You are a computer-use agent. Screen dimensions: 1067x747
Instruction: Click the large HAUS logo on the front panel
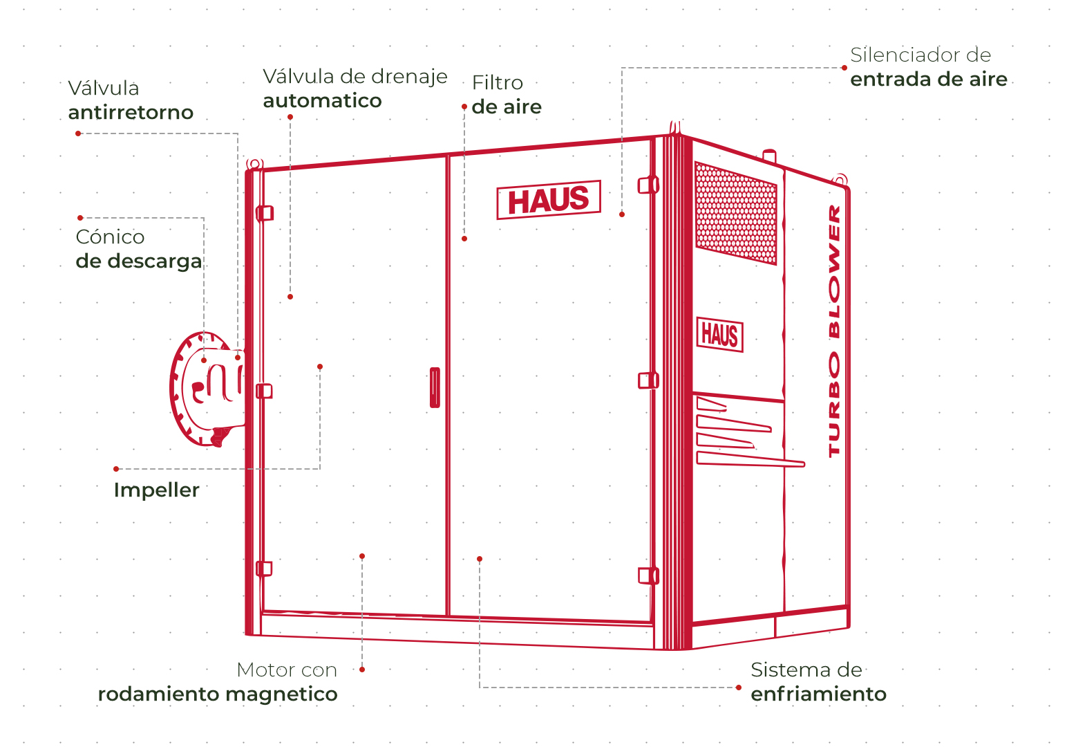549,200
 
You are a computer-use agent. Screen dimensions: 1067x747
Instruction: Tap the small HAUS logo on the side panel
720,335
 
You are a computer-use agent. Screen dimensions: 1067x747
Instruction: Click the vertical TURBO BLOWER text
835,331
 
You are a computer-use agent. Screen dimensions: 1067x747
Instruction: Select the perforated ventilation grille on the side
736,213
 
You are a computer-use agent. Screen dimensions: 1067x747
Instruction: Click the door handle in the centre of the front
435,387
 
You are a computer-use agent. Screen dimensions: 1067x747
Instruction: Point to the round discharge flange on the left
207,389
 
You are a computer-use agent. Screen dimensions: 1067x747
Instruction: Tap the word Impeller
156,490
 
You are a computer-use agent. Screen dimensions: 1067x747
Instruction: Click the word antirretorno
131,113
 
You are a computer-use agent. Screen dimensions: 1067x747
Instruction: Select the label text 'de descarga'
139,261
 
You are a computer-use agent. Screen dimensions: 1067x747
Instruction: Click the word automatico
323,100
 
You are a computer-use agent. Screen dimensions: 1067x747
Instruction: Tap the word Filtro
498,83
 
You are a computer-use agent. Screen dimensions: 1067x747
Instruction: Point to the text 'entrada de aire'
929,79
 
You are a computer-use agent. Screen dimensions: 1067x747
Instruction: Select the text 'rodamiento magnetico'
218,694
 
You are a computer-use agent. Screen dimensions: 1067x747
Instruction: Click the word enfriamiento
818,694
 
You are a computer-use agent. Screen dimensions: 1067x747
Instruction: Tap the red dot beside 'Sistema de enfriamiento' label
738,688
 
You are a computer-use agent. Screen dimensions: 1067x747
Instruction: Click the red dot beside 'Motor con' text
362,670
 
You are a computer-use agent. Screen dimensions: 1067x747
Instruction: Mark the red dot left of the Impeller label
116,469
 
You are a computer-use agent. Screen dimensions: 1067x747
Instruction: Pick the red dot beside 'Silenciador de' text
844,68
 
